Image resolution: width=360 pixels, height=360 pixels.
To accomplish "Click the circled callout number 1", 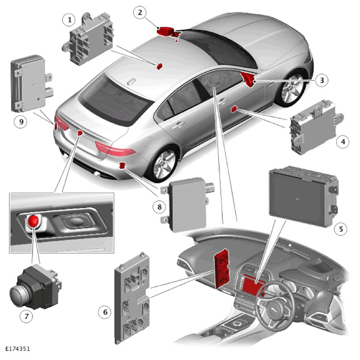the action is tap(69, 20).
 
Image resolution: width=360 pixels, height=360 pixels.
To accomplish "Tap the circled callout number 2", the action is tap(140, 12).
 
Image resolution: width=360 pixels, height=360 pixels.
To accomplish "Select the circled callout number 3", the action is tap(322, 80).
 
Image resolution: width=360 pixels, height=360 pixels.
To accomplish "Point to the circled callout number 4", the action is tap(343, 142).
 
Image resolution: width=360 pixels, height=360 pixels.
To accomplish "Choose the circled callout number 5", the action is tap(341, 228).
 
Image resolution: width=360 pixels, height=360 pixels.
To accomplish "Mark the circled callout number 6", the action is tap(105, 312).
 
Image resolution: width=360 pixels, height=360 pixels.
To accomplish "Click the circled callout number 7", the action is tap(26, 316).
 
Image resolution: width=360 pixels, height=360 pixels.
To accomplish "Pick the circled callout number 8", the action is tap(160, 207).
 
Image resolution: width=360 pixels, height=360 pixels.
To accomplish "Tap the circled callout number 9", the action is tap(21, 121).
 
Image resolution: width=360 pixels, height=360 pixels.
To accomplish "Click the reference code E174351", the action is tap(18, 349).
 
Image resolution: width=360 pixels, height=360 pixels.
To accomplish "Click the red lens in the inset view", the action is tap(33, 221).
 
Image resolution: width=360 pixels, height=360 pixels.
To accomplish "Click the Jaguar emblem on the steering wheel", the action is tap(275, 311).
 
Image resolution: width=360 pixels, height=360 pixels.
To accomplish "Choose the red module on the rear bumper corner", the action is tap(123, 165).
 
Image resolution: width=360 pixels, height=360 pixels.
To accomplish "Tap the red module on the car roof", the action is tap(160, 66).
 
